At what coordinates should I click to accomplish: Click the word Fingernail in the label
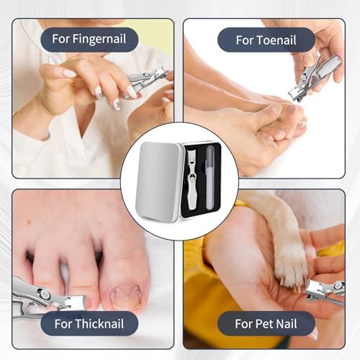tap(99, 39)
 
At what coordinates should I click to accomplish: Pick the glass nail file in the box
tap(210, 178)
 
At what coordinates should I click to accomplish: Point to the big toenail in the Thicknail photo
tap(125, 297)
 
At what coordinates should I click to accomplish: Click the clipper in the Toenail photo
tap(312, 77)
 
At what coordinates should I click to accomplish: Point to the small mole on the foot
tap(30, 222)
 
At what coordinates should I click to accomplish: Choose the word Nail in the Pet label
tap(287, 323)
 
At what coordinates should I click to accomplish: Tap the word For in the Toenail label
tap(245, 40)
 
